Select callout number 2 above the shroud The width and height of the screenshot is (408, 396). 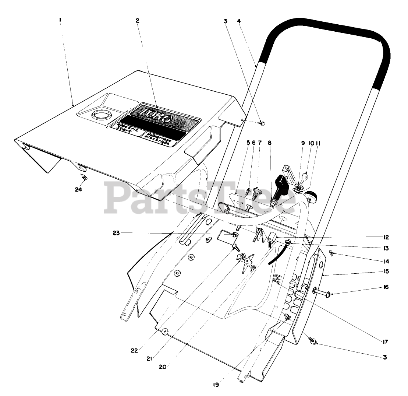point(137,21)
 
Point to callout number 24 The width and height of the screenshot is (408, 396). point(78,190)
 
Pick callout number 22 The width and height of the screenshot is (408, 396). point(134,351)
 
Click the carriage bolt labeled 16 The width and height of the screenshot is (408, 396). point(322,293)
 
